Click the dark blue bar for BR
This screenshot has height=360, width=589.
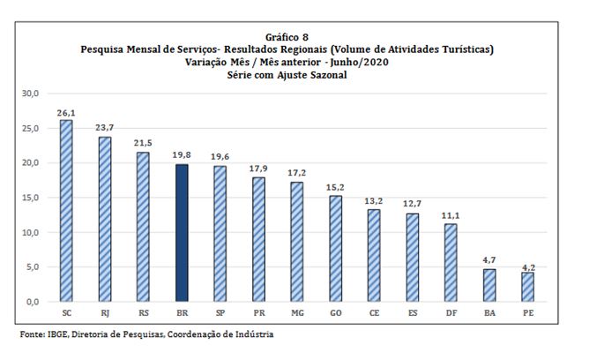coord(182,233)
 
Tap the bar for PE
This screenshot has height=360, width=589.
coord(527,287)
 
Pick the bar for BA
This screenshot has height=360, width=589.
coord(489,285)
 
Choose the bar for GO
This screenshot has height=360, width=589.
coord(336,249)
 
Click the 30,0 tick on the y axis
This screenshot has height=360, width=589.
coord(31,94)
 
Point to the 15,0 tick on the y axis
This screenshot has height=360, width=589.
coord(31,198)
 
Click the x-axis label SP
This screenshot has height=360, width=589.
coord(220,313)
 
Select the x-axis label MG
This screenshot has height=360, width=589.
coord(297,313)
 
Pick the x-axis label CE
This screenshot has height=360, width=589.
coord(374,313)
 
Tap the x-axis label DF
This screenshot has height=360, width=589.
coord(451,313)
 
